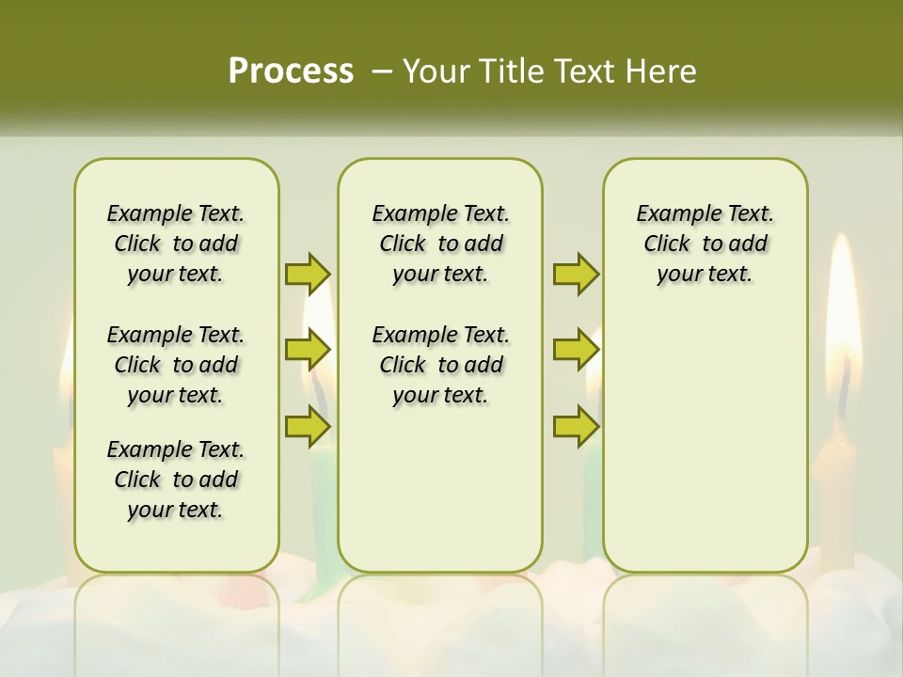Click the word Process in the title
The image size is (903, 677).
coord(291,71)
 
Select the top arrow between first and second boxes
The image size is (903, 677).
coord(308,274)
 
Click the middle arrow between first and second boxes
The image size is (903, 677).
coord(308,350)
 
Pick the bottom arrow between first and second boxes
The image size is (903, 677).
coord(308,426)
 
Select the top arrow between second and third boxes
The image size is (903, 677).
coord(576,274)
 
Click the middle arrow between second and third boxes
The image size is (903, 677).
coord(576,350)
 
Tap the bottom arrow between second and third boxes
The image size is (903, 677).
coord(576,426)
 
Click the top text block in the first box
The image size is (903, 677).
coord(176,244)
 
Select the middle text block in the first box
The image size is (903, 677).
coord(176,365)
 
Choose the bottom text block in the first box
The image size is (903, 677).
coord(176,480)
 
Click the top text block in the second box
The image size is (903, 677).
coord(440,244)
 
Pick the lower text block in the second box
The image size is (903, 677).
coord(440,365)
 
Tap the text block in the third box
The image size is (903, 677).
coord(705,244)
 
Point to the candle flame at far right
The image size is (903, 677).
coord(843,301)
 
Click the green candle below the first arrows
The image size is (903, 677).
coord(323,508)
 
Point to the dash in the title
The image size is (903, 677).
coord(382,71)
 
